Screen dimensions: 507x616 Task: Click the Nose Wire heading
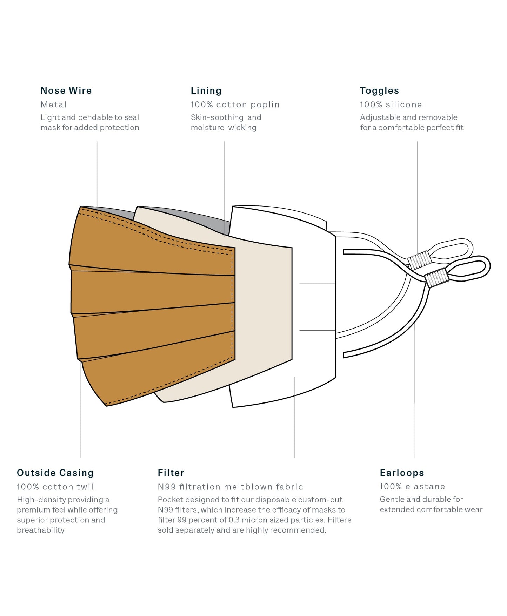click(66, 90)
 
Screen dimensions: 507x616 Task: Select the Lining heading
click(206, 91)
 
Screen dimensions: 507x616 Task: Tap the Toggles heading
click(379, 91)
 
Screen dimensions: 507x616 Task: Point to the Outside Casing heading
click(55, 473)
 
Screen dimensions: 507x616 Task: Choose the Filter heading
click(171, 473)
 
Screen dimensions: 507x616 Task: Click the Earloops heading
click(402, 473)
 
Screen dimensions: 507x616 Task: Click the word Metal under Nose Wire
click(53, 104)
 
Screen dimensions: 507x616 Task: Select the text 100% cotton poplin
click(235, 104)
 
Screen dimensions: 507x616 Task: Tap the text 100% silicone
click(391, 104)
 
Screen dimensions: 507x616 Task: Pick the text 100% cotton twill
click(56, 487)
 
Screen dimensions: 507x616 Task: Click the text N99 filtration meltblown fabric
click(230, 487)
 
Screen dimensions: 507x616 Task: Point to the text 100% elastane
click(412, 486)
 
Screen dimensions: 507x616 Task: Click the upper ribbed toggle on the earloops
click(420, 260)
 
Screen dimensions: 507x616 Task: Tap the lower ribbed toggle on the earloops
click(437, 278)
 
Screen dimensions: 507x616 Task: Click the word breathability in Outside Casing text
click(41, 530)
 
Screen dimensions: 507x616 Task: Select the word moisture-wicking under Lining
click(224, 128)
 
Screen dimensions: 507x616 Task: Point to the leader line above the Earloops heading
click(415, 390)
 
